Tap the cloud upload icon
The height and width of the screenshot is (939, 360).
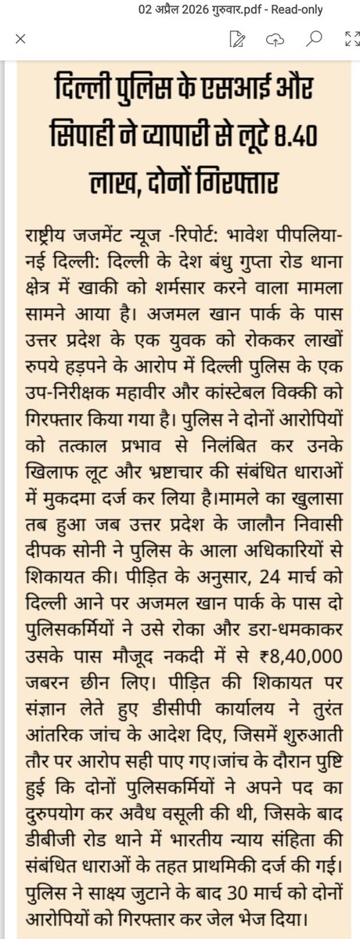274,39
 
